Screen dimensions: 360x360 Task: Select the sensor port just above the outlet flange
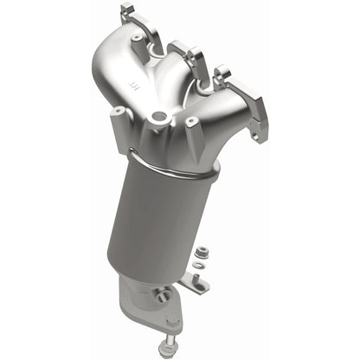161,296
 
